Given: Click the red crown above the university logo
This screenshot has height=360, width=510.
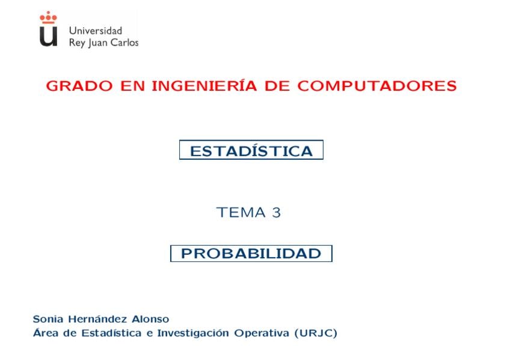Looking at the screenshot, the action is tap(48, 17).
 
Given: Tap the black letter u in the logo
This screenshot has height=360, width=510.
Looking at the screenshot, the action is tap(49, 36).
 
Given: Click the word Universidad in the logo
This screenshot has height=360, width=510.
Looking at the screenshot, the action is tap(96, 31).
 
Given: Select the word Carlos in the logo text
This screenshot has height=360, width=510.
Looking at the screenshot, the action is tap(124, 43).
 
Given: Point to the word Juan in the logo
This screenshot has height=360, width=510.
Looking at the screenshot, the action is tap(98, 43).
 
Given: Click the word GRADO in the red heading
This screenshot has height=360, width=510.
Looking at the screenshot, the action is tap(79, 86).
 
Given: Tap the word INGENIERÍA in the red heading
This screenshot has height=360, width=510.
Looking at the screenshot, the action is tap(204, 85).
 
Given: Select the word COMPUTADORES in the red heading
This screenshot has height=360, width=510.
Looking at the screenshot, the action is tap(377, 86).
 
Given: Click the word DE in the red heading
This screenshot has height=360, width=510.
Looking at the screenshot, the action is tap(277, 86).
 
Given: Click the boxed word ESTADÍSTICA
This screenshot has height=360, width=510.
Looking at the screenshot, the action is tap(251, 151).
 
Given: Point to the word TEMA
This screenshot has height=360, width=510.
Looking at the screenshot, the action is tap(241, 213).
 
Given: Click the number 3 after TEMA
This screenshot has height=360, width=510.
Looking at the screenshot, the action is tap(276, 213).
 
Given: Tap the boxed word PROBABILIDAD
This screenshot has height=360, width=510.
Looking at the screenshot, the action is tap(251, 254).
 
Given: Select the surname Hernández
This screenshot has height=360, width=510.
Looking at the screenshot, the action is tap(97, 319).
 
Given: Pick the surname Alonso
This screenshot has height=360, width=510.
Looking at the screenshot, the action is tap(150, 319).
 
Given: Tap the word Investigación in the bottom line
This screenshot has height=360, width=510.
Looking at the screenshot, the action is tap(193, 333).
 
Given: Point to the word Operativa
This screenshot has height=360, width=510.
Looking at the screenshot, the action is tap(262, 334).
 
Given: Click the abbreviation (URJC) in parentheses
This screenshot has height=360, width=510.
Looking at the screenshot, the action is tap(316, 334).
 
